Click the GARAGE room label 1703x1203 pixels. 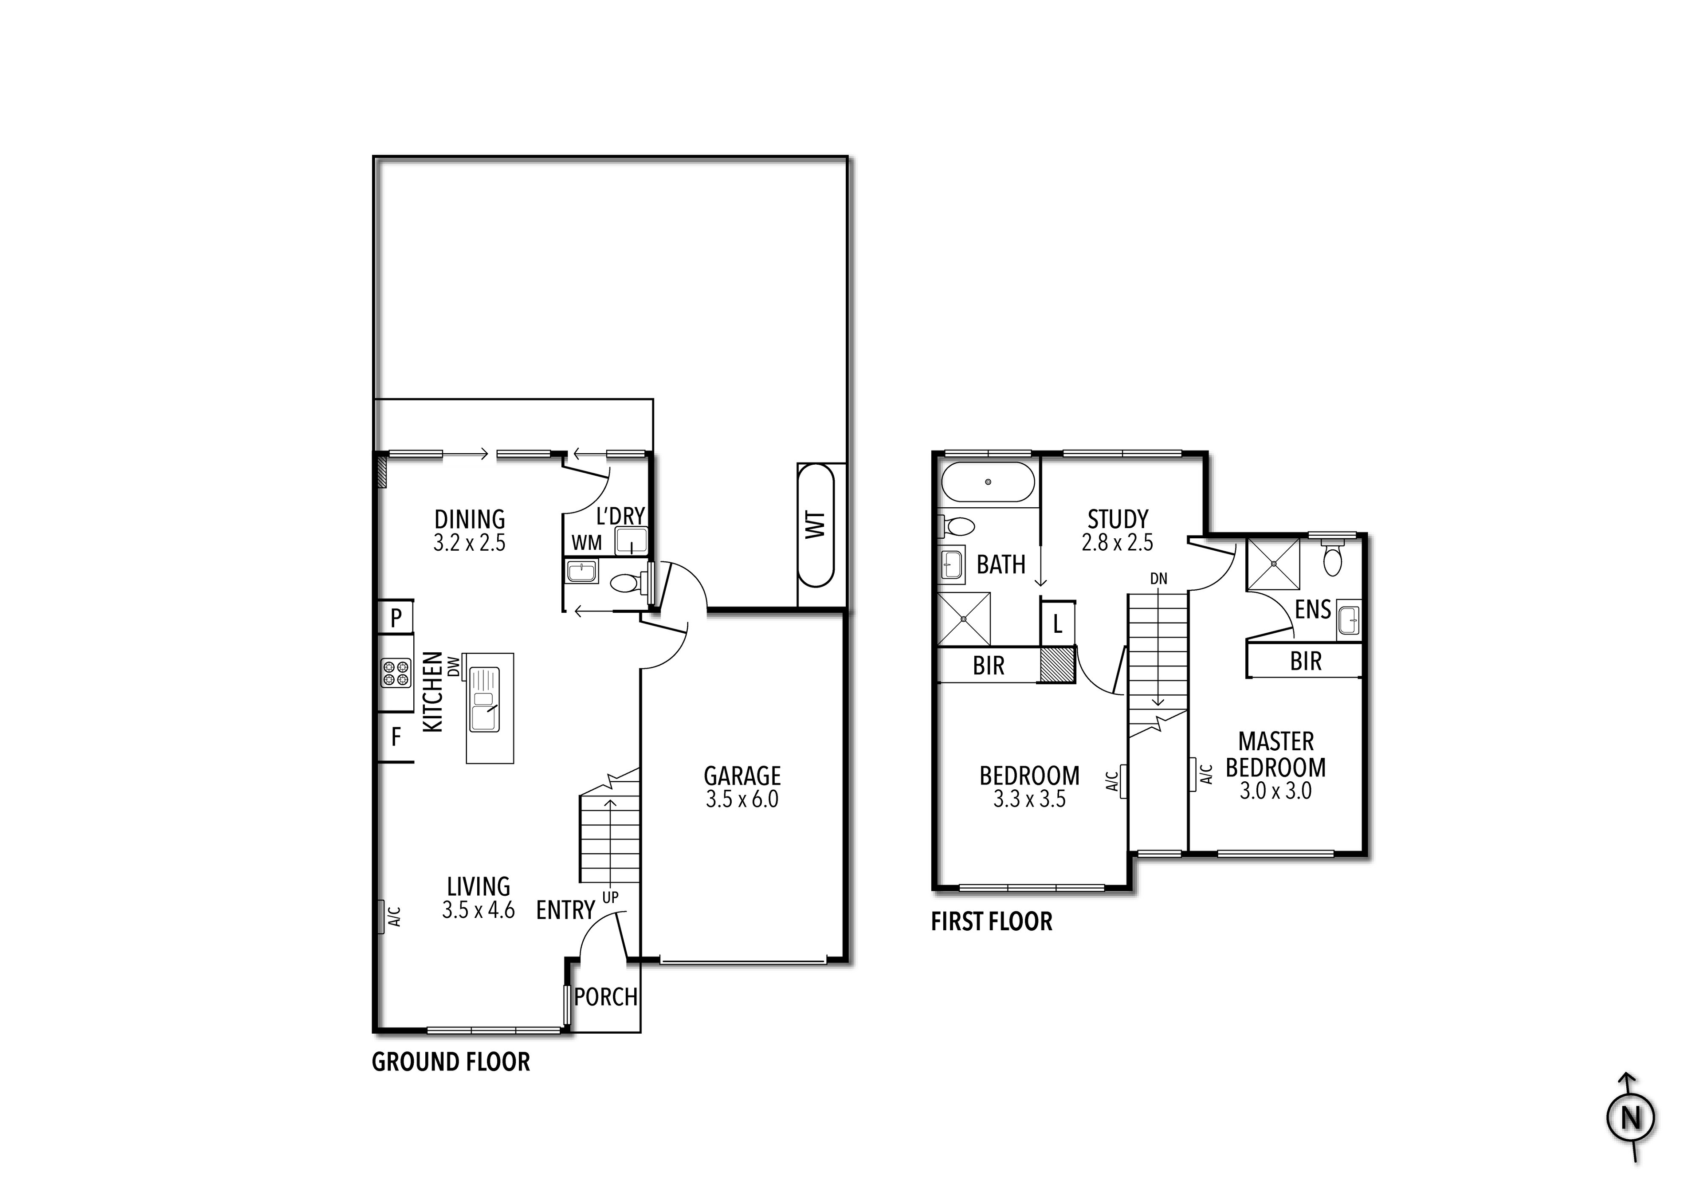click(x=742, y=776)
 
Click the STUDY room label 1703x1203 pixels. click(x=1118, y=519)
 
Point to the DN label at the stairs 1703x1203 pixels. click(x=1158, y=579)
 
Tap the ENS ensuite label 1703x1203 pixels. click(x=1313, y=610)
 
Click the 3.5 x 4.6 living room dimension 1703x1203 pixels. click(x=479, y=910)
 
